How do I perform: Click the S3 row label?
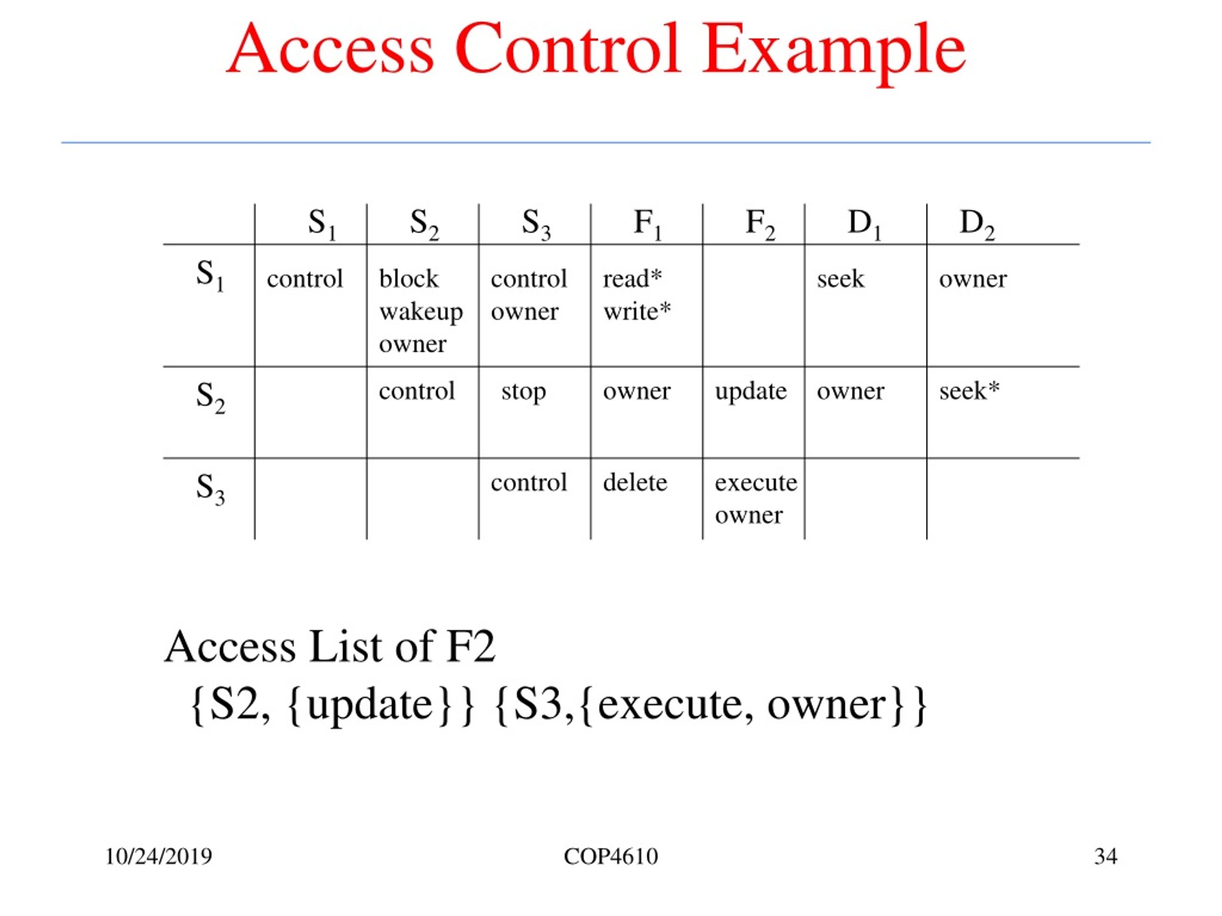point(210,489)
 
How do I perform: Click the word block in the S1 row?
point(409,279)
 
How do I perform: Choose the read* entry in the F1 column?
point(632,278)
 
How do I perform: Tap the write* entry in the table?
point(637,312)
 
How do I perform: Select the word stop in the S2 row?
point(524,392)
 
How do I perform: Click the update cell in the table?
point(751,392)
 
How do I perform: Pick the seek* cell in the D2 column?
point(969,391)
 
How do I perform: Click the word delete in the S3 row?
point(635,483)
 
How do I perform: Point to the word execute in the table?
point(756,483)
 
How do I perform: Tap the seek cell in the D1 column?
point(840,279)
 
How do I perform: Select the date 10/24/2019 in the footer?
point(158,856)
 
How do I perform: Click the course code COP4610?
point(611,856)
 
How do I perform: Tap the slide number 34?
point(1106,856)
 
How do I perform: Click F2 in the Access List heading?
point(471,646)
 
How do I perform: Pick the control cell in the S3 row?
point(529,483)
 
